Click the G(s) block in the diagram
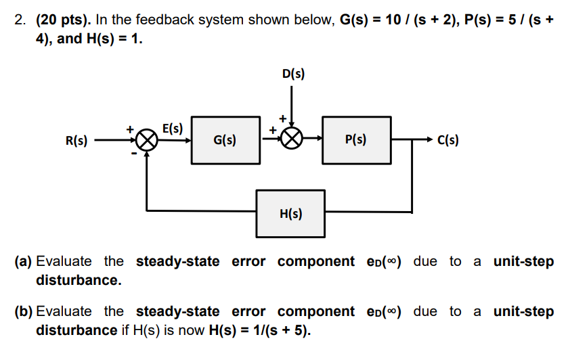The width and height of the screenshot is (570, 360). (225, 140)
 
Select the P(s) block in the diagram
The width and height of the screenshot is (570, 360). (356, 140)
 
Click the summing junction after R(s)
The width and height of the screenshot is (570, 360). (146, 140)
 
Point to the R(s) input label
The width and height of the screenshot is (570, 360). (76, 141)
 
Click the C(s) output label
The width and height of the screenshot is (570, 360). (448, 141)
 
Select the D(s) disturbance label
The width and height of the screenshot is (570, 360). (292, 73)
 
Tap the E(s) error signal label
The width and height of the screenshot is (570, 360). (173, 127)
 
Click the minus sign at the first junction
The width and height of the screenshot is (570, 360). (133, 154)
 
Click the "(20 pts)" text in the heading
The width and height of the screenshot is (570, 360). (66, 20)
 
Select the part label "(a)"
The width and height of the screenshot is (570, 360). (24, 261)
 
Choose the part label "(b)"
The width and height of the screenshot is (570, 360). (24, 311)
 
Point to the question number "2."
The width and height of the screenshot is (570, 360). (21, 20)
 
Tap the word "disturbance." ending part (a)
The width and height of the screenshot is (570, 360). (78, 280)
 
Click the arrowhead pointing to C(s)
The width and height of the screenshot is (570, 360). (428, 140)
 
